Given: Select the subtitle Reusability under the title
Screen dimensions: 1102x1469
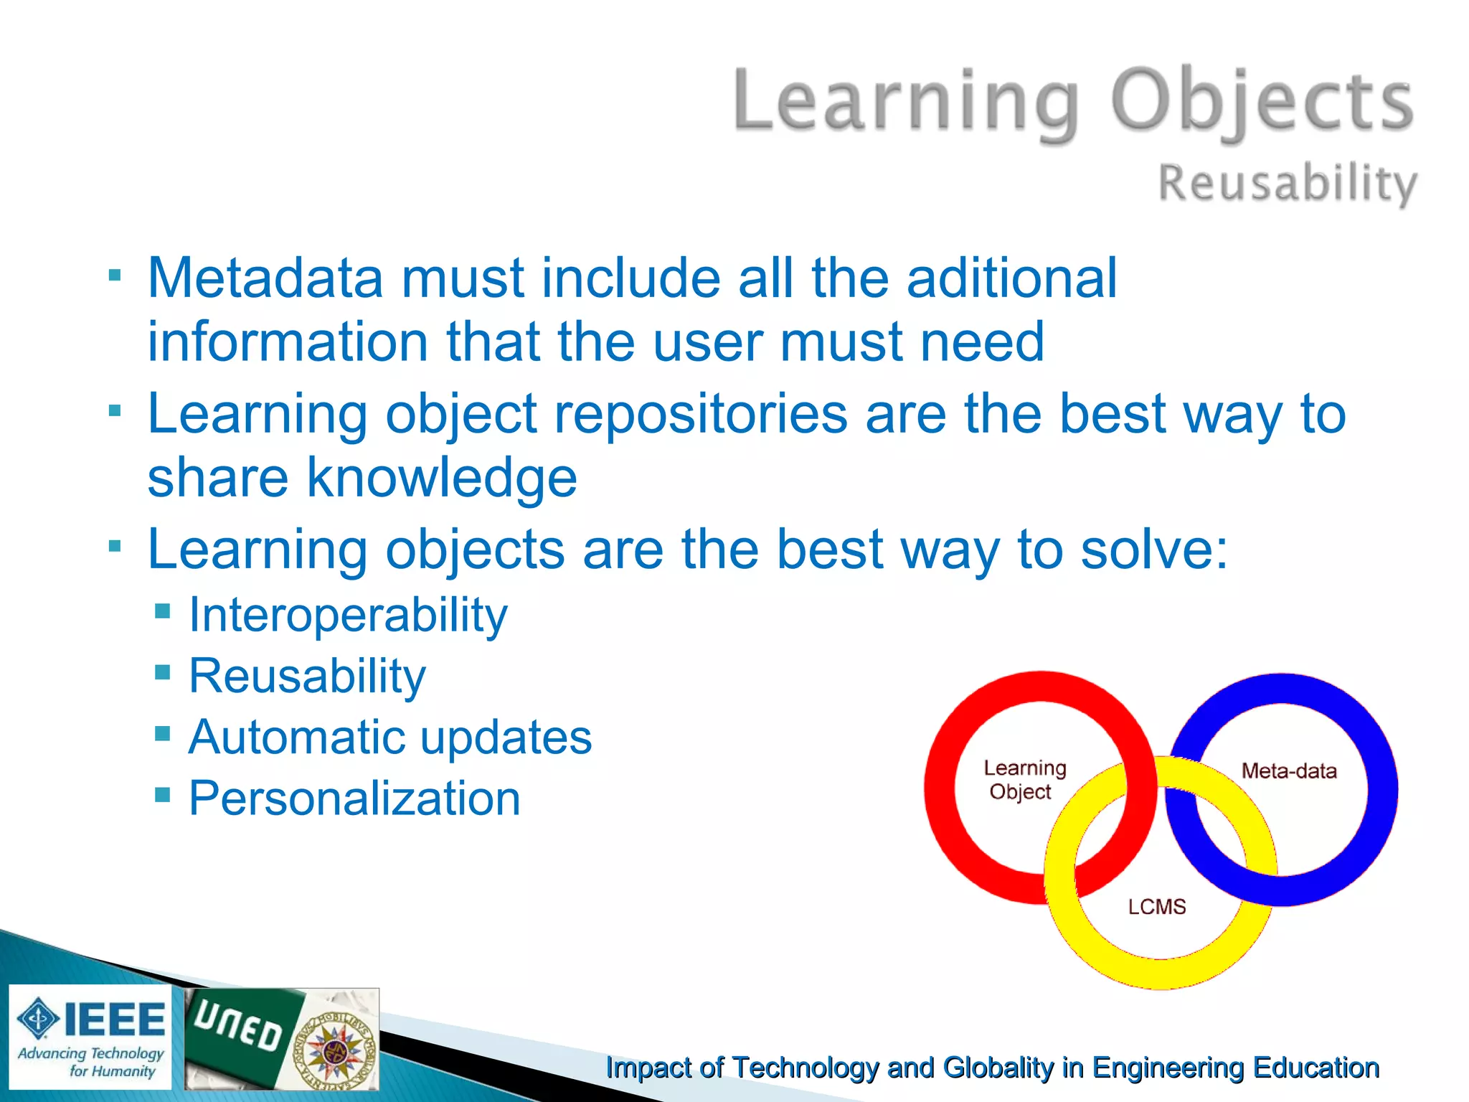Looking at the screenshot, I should pos(1288,183).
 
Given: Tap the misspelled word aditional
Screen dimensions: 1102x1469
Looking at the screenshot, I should pos(1011,278).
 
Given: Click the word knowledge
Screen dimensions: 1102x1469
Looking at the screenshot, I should pos(442,478).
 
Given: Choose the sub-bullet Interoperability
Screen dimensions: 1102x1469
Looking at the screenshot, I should pos(348,616).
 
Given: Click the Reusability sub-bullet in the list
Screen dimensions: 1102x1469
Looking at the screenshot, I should pos(307,677).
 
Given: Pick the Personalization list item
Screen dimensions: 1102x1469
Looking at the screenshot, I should pos(354,799).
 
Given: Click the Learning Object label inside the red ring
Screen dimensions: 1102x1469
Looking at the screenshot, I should pos(1024,780).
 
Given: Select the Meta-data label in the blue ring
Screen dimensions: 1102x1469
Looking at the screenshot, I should pos(1289,771).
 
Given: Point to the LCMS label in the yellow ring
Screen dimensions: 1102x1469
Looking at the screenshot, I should pos(1156,907).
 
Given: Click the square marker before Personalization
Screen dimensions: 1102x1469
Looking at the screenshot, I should pos(163,795).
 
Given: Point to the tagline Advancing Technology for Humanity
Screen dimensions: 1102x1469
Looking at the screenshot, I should pos(91,1062).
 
